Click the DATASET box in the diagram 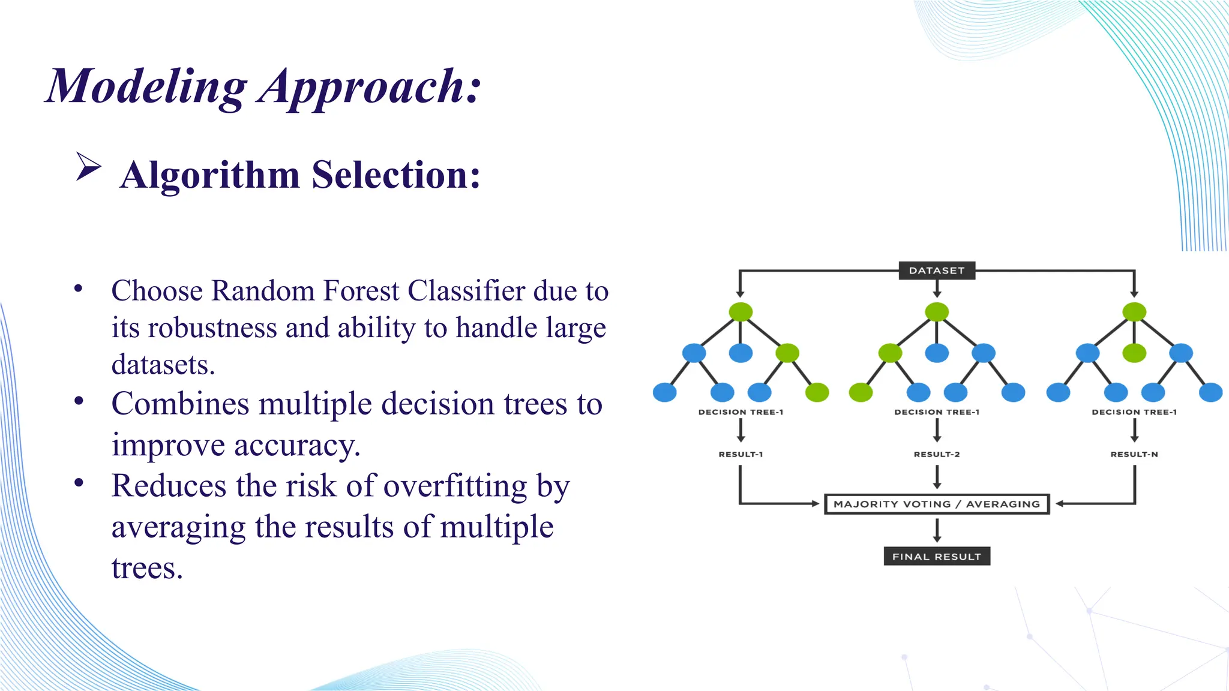[936, 271]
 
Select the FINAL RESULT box [936, 557]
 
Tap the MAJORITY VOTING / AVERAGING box [936, 504]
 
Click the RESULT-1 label [741, 454]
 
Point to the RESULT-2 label [936, 454]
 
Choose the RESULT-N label [1134, 454]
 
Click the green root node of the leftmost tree [741, 312]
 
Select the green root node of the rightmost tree [1134, 312]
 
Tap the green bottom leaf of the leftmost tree [817, 393]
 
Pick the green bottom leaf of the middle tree [861, 393]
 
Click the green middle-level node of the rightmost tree [1134, 353]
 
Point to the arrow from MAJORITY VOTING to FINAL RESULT [937, 530]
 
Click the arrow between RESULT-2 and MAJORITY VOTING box [937, 477]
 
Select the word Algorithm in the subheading [209, 175]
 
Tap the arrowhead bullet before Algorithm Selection [88, 166]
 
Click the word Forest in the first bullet [361, 291]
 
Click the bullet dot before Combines [79, 401]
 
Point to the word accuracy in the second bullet [297, 445]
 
